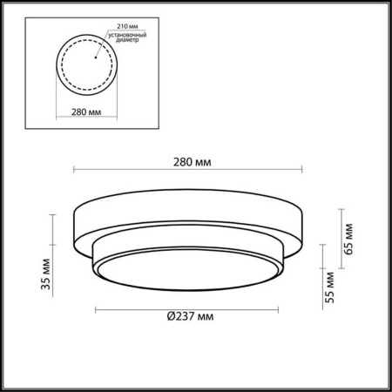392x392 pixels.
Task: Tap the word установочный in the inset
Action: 127,33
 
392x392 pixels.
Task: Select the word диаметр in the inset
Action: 125,40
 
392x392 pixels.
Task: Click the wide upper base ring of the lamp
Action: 188,213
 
